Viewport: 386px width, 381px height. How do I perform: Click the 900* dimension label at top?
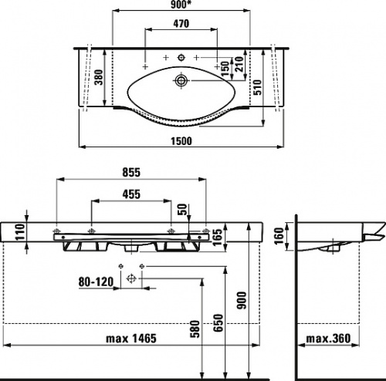point(182,5)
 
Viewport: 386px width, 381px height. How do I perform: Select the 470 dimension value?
point(181,24)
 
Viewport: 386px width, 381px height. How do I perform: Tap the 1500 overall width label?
point(181,141)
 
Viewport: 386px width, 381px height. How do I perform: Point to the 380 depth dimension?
point(99,77)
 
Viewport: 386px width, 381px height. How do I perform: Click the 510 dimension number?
point(257,87)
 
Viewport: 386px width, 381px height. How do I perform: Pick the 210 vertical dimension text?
point(239,64)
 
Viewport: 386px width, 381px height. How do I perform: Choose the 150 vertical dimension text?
point(225,69)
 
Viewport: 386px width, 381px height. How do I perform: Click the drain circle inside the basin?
point(181,80)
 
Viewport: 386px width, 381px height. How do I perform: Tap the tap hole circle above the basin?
point(181,57)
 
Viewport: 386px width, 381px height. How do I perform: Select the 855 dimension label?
point(131,173)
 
